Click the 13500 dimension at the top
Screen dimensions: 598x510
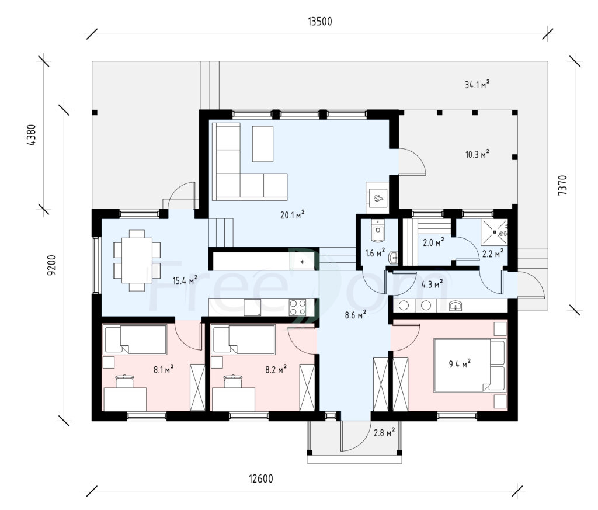[319, 22]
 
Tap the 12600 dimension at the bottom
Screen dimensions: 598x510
[261, 478]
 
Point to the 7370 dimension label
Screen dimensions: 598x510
[562, 185]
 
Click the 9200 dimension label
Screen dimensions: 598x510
[51, 265]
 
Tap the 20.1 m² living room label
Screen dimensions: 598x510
[293, 215]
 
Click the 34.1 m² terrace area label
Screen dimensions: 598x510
[477, 84]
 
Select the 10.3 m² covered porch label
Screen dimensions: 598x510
[477, 154]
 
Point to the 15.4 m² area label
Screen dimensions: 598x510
[185, 280]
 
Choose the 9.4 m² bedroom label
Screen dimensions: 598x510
[460, 363]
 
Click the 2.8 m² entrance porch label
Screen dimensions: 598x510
[384, 432]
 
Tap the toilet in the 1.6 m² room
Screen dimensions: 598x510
[378, 231]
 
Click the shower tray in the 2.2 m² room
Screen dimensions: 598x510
[494, 232]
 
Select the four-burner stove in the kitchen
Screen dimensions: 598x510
[297, 307]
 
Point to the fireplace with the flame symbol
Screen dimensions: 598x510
[378, 197]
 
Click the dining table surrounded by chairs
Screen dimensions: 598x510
[137, 260]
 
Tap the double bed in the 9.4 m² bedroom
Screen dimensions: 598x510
[470, 366]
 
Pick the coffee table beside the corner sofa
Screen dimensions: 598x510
[263, 144]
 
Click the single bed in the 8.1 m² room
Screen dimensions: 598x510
[135, 339]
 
